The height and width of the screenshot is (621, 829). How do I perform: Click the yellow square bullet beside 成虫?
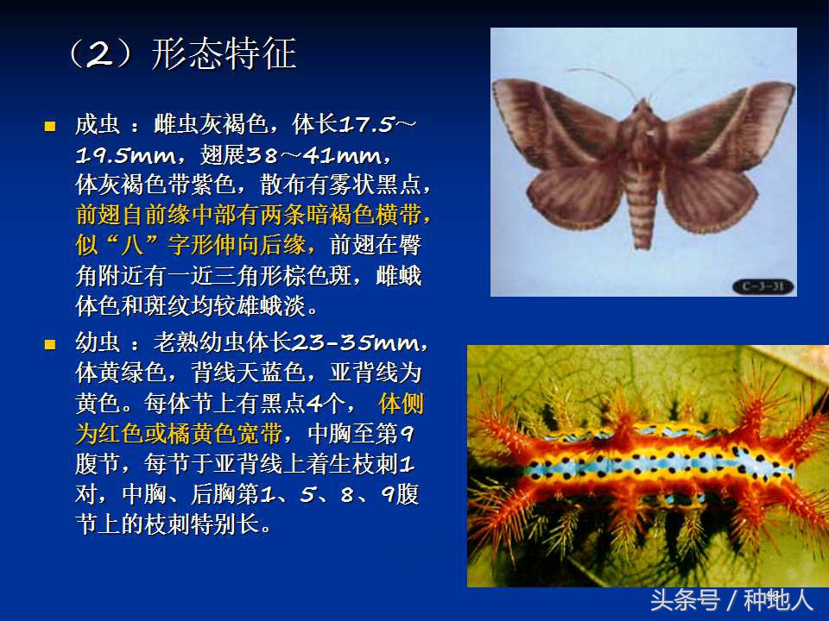(49, 126)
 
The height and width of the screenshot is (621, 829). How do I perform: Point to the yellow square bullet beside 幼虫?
(49, 343)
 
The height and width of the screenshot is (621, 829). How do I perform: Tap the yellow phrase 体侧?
(402, 404)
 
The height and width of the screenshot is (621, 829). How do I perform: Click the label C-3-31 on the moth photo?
(762, 286)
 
